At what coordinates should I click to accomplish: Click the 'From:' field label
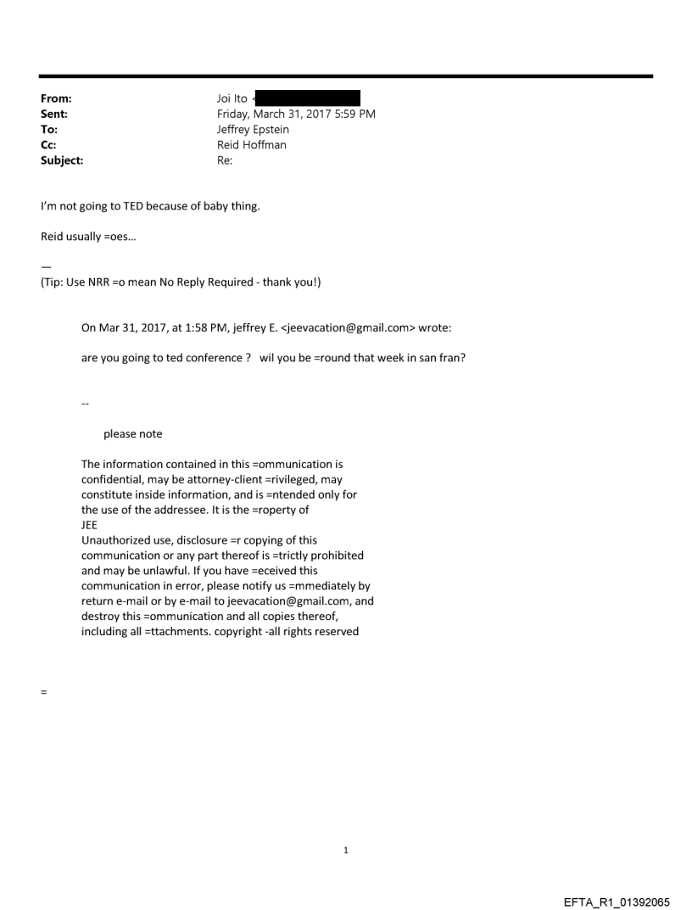pyautogui.click(x=56, y=99)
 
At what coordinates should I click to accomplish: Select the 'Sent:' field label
pyautogui.click(x=54, y=114)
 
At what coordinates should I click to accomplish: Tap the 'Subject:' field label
pyautogui.click(x=63, y=159)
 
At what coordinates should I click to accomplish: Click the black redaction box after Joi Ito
pyautogui.click(x=309, y=99)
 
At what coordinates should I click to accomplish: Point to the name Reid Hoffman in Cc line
pyautogui.click(x=252, y=145)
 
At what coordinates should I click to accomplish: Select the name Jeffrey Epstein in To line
pyautogui.click(x=254, y=130)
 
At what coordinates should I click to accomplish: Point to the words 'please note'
pyautogui.click(x=132, y=434)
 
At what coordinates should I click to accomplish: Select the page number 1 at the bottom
pyautogui.click(x=346, y=850)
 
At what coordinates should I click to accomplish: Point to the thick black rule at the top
pyautogui.click(x=346, y=76)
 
